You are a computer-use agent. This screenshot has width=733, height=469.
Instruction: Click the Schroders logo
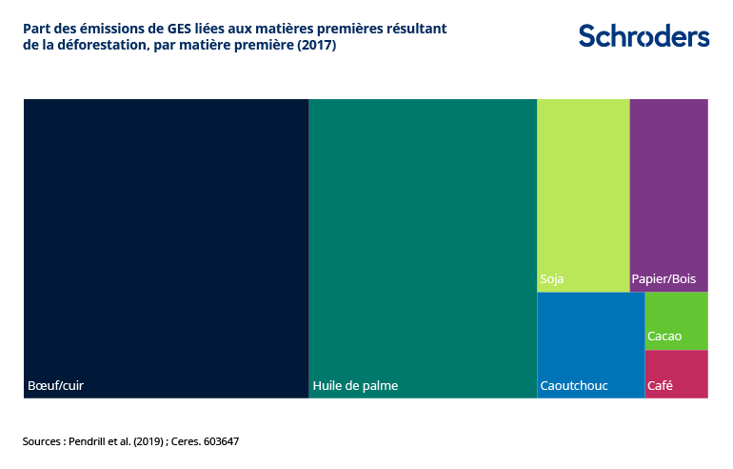click(644, 36)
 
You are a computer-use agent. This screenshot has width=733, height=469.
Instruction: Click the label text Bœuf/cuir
click(56, 386)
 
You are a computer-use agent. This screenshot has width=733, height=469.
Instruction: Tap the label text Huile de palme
click(355, 386)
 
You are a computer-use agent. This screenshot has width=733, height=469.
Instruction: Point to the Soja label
click(552, 279)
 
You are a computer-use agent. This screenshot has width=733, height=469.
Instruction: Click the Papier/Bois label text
click(664, 279)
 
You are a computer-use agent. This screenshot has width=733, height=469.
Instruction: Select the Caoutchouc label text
click(574, 386)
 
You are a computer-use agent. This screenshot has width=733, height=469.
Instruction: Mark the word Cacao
click(664, 336)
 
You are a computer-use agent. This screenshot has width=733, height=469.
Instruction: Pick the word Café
click(660, 386)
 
